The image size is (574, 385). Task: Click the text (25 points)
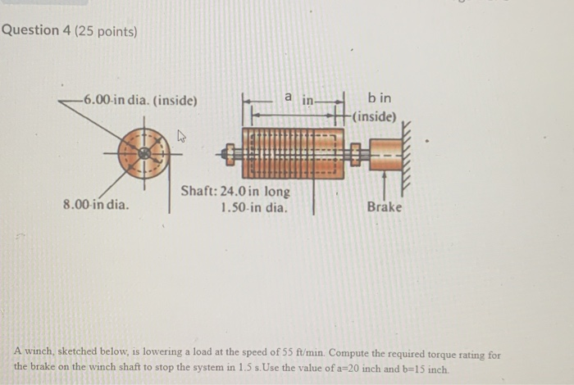click(x=106, y=31)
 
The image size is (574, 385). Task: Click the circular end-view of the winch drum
click(x=144, y=153)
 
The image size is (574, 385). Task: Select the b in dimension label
click(x=380, y=98)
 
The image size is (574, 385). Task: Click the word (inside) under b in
click(x=375, y=116)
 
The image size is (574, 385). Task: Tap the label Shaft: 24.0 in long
click(x=235, y=192)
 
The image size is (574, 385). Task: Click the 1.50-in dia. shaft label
click(x=255, y=207)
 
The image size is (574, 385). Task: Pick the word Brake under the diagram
click(x=384, y=206)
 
